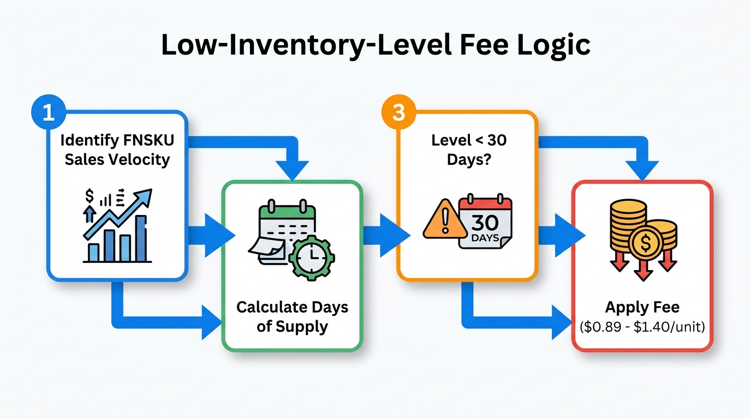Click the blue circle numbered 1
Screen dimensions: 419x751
pyautogui.click(x=47, y=112)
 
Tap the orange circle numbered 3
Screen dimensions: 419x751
pyautogui.click(x=398, y=112)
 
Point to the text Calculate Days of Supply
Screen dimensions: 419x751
pyautogui.click(x=292, y=317)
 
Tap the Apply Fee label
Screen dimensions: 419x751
pyautogui.click(x=642, y=307)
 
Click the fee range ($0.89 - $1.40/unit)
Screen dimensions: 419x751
pyautogui.click(x=642, y=327)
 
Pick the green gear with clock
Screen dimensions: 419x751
pyautogui.click(x=311, y=257)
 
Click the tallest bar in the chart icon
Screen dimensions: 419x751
pyautogui.click(x=141, y=238)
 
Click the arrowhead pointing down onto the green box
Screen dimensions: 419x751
pyautogui.click(x=293, y=170)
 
